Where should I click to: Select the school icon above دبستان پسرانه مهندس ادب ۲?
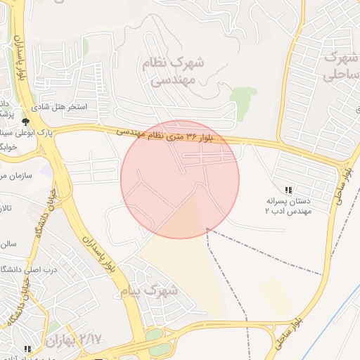(288, 190)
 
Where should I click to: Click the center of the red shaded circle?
(180, 179)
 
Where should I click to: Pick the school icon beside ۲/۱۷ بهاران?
(27, 349)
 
